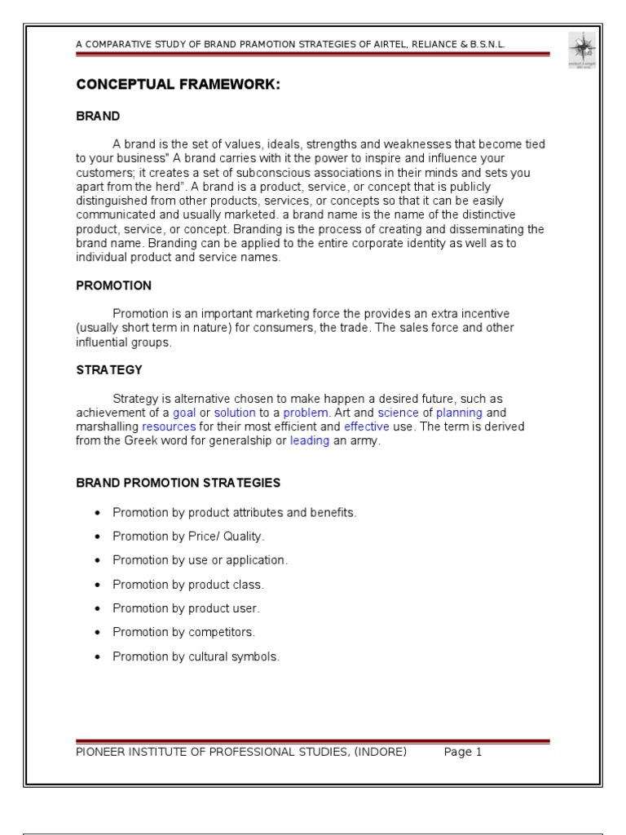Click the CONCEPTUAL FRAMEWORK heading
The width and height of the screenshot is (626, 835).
coord(179,84)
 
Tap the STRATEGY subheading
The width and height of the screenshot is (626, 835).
coord(109,370)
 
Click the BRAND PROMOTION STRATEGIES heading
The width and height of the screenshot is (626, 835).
coord(179,483)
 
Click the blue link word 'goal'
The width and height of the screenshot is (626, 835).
coord(184,413)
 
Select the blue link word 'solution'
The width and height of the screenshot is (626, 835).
coord(235,413)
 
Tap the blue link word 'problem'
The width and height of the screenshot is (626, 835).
coord(305,413)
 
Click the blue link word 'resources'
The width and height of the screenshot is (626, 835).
coord(169,427)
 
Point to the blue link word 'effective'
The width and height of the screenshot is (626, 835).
coord(366,427)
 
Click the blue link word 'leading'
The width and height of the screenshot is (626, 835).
coord(310,441)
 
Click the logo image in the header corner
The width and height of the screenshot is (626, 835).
coord(582,51)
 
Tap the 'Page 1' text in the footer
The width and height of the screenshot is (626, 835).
coord(463,753)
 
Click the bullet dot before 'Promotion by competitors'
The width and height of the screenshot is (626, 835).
coord(99,632)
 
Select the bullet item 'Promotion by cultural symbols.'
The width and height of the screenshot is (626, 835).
coord(196,656)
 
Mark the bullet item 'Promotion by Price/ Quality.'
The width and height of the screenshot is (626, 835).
coord(188,537)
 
